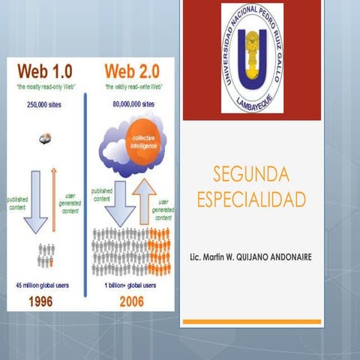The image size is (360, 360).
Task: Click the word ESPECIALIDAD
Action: pyautogui.click(x=251, y=199)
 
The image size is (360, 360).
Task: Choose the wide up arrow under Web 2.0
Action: pyautogui.click(x=145, y=201)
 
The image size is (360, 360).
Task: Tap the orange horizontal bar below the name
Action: pyautogui.click(x=252, y=322)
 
